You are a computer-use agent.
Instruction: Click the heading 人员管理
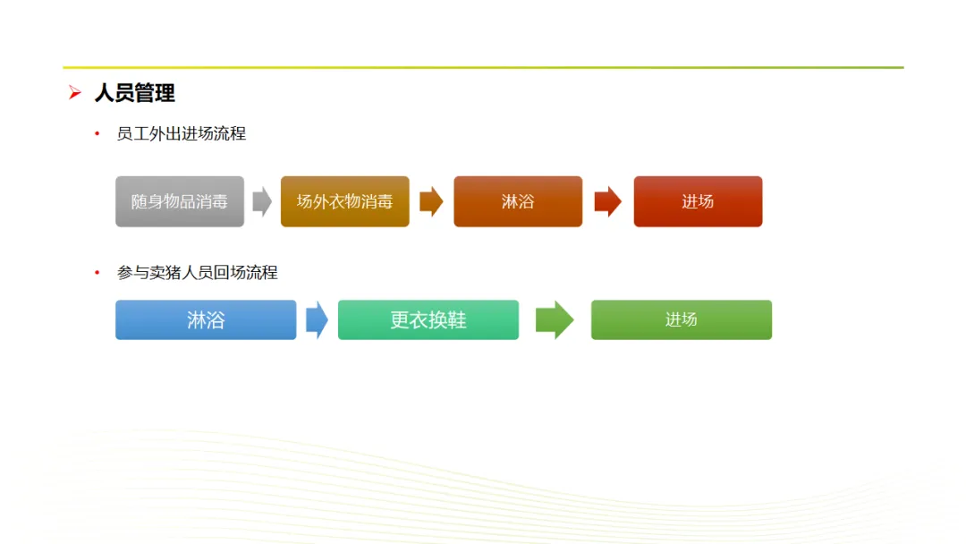(134, 93)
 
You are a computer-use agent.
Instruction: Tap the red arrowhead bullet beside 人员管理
(74, 92)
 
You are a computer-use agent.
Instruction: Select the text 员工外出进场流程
(181, 133)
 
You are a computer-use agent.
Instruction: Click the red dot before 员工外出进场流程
(97, 133)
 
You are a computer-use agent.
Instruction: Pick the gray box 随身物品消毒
(180, 201)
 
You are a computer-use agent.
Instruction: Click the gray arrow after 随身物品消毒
(262, 201)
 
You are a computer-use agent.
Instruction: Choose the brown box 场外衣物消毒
(345, 201)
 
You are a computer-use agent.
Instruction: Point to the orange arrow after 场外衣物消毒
(431, 201)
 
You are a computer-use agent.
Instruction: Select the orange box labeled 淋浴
(518, 201)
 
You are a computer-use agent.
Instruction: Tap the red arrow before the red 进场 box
(608, 201)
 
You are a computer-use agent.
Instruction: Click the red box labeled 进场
(698, 201)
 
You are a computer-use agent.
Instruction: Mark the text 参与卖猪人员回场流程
(197, 272)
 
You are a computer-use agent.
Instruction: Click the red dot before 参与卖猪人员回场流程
(97, 272)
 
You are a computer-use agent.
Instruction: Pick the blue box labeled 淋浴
(206, 319)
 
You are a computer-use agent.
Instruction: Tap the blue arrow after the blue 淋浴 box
(317, 319)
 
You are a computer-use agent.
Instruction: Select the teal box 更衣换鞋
(428, 319)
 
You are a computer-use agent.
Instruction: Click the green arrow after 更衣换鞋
(555, 319)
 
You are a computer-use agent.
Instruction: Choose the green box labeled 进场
(682, 319)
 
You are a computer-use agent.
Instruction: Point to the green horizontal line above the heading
(483, 67)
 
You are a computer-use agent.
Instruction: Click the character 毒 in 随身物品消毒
(220, 201)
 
